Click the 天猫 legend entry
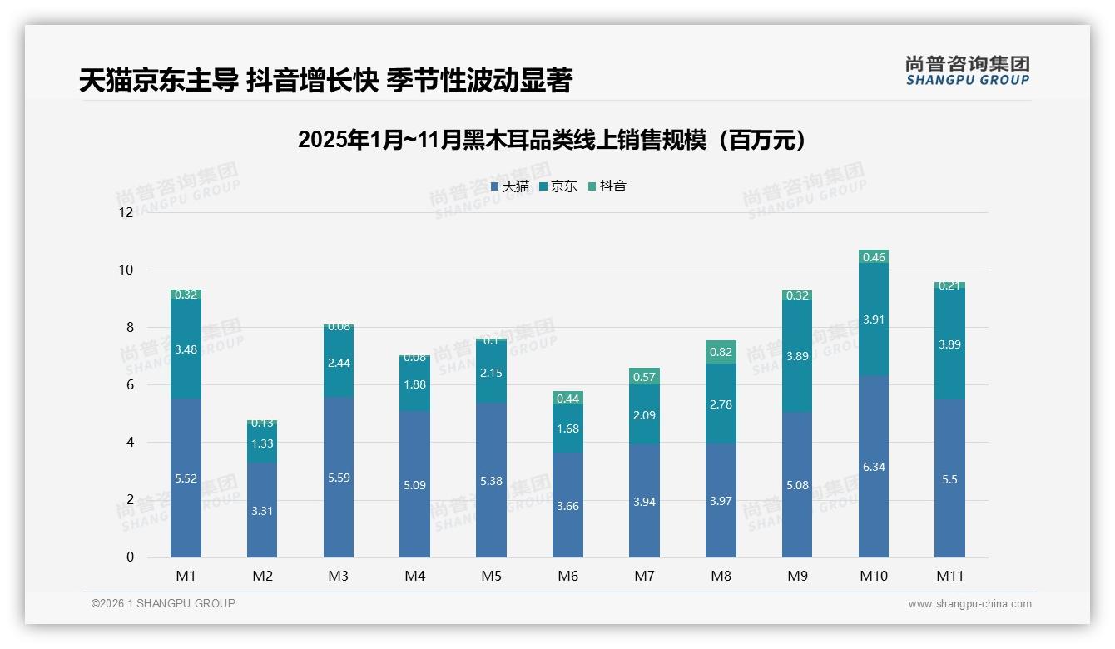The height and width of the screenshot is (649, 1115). click(510, 186)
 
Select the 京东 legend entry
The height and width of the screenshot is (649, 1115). click(558, 186)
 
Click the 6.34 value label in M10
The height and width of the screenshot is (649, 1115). click(874, 467)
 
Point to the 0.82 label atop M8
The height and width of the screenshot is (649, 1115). click(721, 352)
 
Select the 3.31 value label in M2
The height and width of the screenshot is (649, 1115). click(262, 511)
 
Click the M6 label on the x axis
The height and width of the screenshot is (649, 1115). click(568, 576)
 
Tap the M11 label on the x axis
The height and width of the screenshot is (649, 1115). click(949, 576)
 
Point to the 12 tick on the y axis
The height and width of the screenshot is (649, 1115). click(126, 212)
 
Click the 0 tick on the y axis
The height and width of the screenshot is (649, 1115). click(130, 557)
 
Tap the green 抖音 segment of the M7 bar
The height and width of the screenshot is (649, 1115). click(644, 376)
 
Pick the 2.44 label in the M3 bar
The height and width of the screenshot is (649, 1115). click(339, 363)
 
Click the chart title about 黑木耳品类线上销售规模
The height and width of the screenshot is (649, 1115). click(553, 140)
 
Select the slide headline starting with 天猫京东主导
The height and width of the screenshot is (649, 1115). click(325, 81)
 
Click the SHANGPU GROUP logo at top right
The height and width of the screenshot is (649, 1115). click(967, 71)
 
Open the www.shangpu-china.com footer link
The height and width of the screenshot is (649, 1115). click(969, 604)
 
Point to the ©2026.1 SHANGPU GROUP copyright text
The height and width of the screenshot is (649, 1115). click(163, 603)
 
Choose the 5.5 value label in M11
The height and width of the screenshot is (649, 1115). click(949, 479)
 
